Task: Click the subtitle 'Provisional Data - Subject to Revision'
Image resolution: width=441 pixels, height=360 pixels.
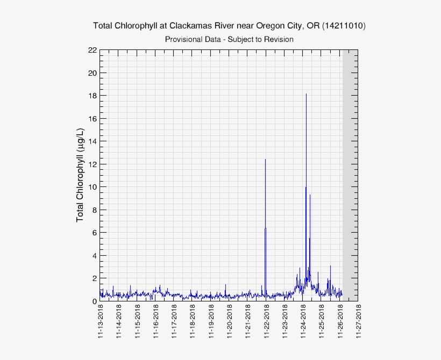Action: coord(229,39)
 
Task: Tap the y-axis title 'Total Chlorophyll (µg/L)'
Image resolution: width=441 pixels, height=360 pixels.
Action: coord(80,176)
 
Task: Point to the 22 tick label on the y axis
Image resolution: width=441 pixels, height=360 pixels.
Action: coord(93,51)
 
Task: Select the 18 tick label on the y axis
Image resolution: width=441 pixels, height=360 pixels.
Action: coord(93,96)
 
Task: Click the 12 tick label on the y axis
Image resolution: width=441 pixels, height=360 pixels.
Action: coord(93,164)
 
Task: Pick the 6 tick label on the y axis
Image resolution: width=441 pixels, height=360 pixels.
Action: coord(94,233)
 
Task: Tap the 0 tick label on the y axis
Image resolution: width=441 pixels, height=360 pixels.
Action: coord(94,301)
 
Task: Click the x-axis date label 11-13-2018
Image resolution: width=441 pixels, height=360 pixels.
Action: coord(101,322)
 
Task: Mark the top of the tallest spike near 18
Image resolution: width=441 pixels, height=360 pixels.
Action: coord(306,94)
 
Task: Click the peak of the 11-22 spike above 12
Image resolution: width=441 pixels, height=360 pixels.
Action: coord(265,160)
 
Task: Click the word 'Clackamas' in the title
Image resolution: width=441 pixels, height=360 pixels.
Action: coord(188,26)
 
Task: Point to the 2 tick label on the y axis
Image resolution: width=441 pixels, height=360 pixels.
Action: coord(94,278)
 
